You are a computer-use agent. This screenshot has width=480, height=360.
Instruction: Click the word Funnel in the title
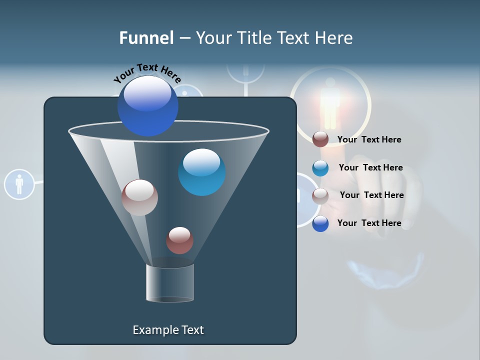(146, 38)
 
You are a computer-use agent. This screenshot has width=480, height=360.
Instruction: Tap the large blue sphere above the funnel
(148, 105)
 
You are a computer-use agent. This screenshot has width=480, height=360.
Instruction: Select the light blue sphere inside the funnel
(201, 172)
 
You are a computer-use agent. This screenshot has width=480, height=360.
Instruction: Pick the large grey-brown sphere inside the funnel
(139, 197)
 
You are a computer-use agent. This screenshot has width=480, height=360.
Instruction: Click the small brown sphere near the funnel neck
(179, 240)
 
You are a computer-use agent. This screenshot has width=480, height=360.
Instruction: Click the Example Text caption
(168, 330)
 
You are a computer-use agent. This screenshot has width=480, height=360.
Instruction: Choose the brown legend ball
(320, 139)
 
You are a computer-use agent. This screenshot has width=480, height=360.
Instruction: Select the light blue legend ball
(320, 168)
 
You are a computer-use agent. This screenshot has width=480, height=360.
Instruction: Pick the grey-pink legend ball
(320, 196)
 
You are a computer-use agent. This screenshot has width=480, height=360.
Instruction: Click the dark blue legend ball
(320, 223)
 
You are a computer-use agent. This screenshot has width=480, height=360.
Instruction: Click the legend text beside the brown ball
(369, 139)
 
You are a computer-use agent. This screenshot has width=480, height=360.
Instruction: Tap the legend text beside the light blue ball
(370, 167)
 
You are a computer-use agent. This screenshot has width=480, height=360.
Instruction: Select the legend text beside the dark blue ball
(369, 223)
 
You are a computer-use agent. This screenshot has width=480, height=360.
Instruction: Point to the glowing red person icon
(330, 102)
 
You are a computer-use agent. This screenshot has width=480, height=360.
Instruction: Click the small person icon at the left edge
(19, 184)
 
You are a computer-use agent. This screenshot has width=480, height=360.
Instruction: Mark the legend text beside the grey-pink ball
(371, 195)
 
